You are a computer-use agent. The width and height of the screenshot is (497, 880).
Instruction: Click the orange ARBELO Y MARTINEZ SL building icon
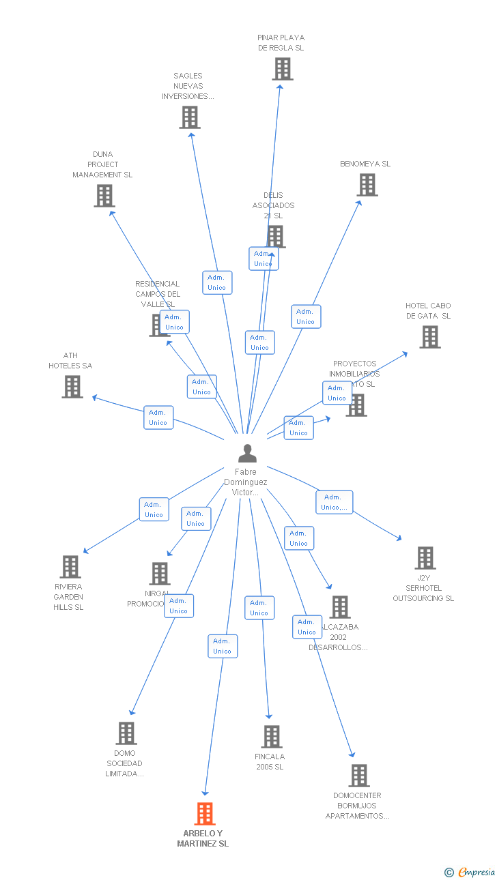coord(205,814)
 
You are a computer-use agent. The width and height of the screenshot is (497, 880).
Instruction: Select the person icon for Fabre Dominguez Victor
coord(247,453)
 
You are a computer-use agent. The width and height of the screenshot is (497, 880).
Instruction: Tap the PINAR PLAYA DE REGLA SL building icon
coord(283,69)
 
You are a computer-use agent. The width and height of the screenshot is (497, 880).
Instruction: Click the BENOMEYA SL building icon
coord(367,185)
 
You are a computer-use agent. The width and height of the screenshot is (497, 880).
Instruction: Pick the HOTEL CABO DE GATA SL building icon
coord(430,337)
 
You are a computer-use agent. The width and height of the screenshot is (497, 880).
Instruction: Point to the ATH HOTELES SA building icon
coord(72,387)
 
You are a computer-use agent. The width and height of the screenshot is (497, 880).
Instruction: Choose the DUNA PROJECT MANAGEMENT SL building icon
coord(104,196)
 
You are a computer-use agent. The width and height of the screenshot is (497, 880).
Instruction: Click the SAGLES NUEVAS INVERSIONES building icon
coord(190,117)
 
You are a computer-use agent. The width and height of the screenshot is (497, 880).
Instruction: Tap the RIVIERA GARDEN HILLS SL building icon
coord(70,567)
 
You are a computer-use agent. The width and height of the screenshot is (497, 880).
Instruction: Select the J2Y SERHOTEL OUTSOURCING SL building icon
coord(425,558)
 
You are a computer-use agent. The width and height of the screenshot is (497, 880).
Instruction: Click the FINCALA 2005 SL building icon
coord(272,737)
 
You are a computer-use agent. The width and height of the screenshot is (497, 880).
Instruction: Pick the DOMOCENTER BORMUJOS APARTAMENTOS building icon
coord(359,776)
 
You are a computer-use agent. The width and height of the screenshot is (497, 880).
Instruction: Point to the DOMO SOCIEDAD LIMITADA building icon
coord(126,733)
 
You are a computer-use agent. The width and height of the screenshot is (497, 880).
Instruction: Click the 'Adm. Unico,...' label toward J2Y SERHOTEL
coord(335,502)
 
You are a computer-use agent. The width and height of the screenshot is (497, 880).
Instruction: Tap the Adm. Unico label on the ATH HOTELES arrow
coord(158,417)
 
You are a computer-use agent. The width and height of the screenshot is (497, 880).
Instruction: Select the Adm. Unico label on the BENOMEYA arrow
coord(306,317)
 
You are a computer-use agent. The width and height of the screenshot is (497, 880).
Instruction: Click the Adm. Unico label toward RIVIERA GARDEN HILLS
coord(154,510)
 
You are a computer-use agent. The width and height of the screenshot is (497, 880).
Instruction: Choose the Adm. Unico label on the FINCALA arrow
coord(259,608)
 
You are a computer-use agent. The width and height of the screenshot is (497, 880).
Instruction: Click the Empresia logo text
coord(477,872)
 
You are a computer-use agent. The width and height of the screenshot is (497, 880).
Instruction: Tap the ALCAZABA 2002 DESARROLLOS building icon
coord(340,607)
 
